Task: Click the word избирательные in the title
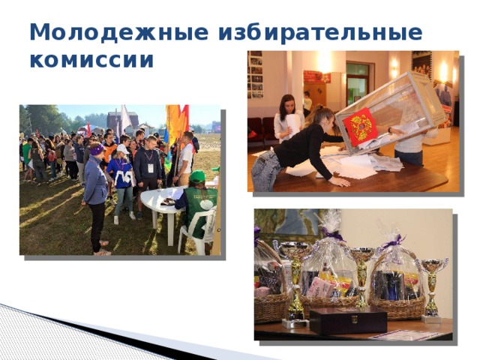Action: coord(320,34)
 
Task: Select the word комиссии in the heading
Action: coord(91,60)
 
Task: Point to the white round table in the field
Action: coord(161,198)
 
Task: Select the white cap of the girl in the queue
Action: coord(122,149)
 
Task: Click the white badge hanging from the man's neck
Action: coord(149,167)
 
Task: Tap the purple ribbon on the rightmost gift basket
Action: coord(391,241)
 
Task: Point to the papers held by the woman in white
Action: coord(291,124)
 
